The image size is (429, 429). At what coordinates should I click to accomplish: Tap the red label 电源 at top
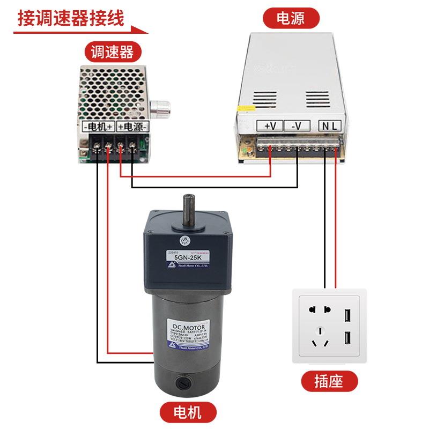tap(291, 19)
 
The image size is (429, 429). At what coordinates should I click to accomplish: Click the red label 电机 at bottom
tap(188, 412)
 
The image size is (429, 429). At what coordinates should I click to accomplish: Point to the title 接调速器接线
tap(71, 18)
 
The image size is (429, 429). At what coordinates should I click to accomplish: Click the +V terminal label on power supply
tap(270, 126)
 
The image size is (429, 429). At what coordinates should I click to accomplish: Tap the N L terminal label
tap(330, 126)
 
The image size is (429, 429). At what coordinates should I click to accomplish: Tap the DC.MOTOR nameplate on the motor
tap(183, 332)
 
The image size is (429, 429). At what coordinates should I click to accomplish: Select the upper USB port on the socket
tap(346, 315)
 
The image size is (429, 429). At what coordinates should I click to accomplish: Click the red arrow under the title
tap(80, 31)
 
